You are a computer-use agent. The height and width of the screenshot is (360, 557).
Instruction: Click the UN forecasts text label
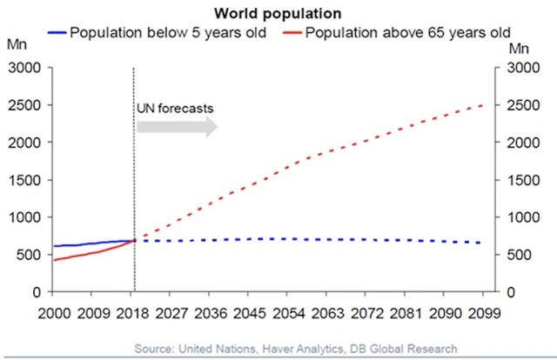coord(175,108)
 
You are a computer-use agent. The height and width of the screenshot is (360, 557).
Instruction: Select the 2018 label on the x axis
coord(134,313)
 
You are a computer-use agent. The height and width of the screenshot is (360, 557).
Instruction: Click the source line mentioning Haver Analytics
coord(295,349)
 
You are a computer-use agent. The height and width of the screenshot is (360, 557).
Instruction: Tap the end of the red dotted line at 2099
coord(481,105)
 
